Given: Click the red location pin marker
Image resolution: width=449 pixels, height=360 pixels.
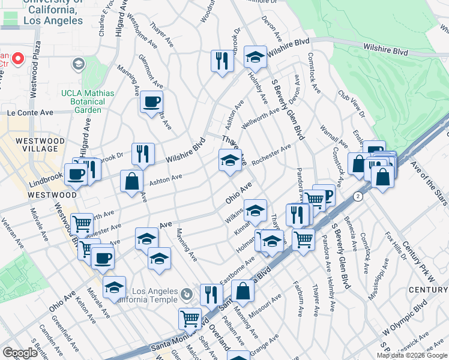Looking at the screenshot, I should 17,59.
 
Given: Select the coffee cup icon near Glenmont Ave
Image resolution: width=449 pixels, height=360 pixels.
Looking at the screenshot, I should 151,101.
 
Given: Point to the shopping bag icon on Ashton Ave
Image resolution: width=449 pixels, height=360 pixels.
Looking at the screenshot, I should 131,181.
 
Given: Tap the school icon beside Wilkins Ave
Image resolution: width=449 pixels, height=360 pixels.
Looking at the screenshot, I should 255,210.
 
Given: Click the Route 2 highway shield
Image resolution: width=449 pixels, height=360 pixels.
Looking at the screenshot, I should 358,196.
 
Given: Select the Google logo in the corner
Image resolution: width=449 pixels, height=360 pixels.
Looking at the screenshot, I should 20,353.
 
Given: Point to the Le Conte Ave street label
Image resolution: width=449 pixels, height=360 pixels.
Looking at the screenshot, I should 30,112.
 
